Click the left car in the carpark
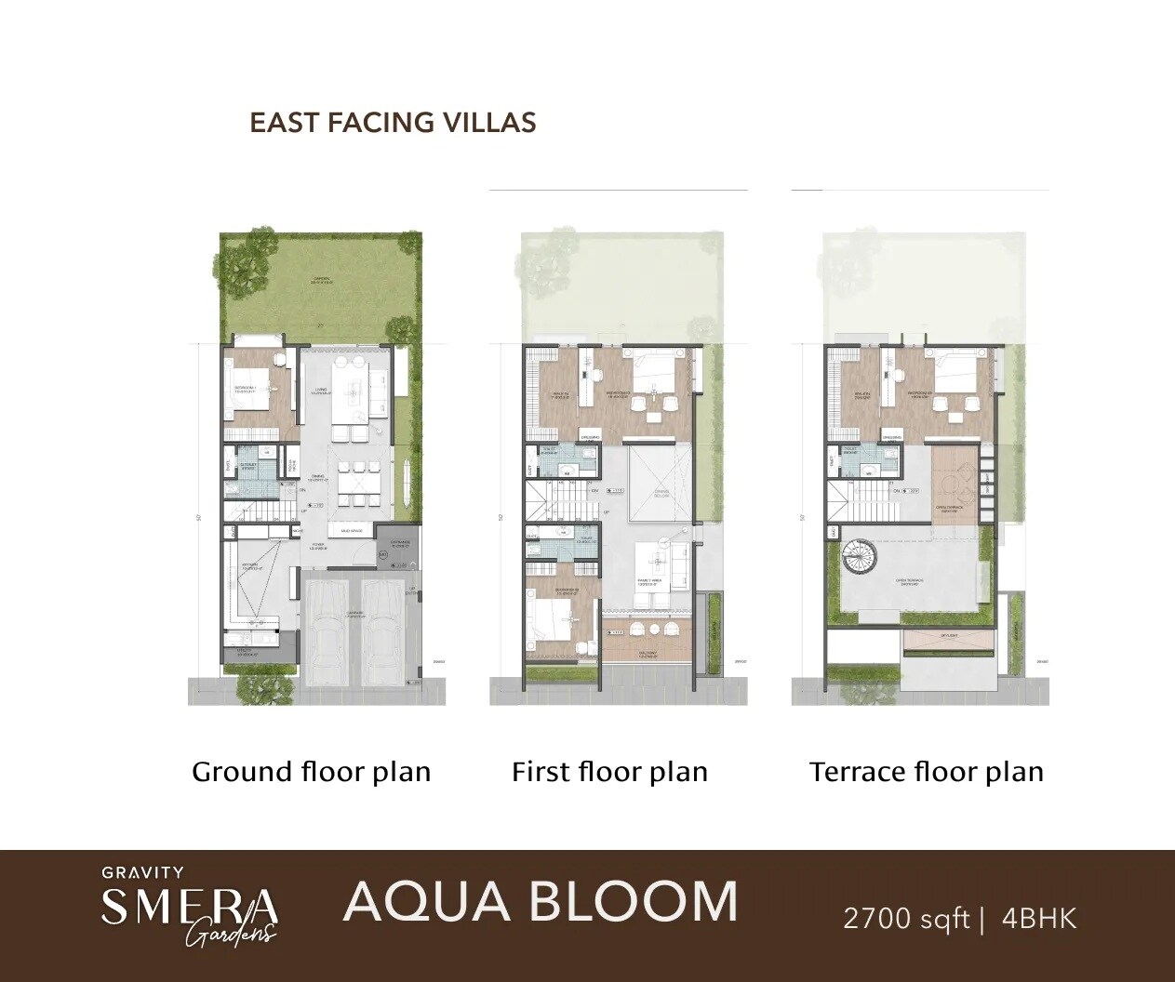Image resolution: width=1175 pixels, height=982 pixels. pos(328,628)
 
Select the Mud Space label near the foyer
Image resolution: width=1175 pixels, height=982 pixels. pos(351,531)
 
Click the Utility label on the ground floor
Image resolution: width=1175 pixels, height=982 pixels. pos(246,654)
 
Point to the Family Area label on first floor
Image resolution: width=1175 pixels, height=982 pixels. pos(648,580)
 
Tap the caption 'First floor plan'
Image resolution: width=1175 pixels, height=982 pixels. pos(609,772)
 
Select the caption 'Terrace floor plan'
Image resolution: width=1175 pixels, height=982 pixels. pos(926,772)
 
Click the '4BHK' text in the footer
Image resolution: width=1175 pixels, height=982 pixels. pos(1039,920)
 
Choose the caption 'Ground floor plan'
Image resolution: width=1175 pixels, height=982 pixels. pos(311,772)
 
